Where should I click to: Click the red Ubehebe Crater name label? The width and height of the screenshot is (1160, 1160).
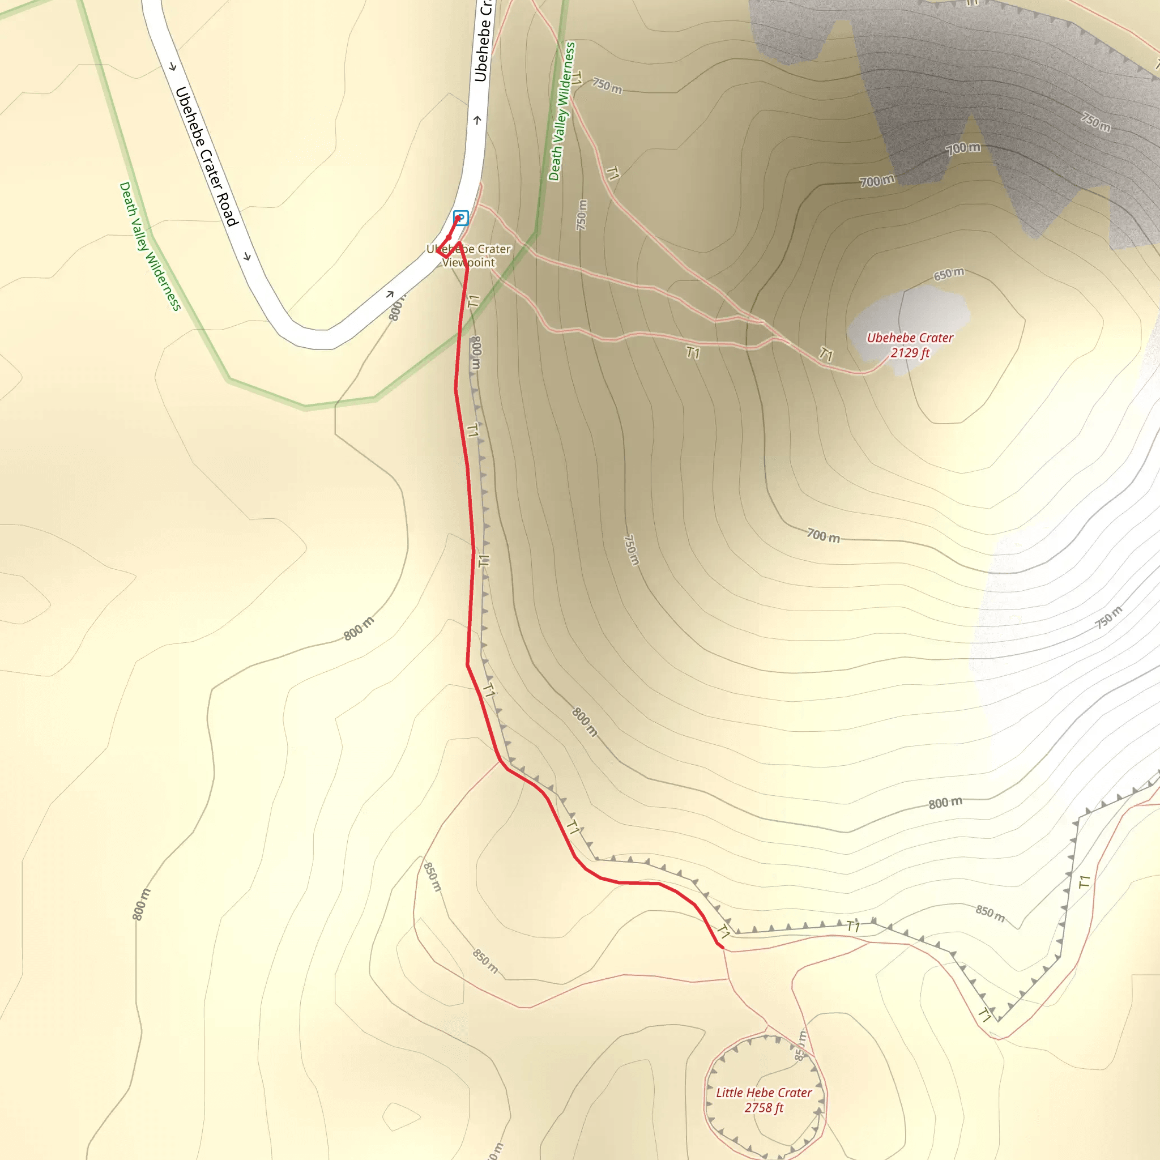pyautogui.click(x=910, y=338)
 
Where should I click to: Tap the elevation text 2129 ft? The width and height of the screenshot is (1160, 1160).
pyautogui.click(x=910, y=353)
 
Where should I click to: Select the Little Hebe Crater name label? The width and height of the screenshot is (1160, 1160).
pyautogui.click(x=764, y=1093)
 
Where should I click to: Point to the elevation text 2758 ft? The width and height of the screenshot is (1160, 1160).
pyautogui.click(x=764, y=1108)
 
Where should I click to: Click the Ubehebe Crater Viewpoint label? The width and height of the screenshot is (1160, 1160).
pyautogui.click(x=469, y=256)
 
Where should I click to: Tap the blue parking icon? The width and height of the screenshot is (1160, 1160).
pyautogui.click(x=460, y=217)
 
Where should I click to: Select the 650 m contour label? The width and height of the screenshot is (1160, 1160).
pyautogui.click(x=949, y=274)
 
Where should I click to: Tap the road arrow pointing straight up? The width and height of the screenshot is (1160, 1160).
pyautogui.click(x=477, y=120)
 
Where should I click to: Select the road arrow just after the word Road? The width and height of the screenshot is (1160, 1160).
pyautogui.click(x=247, y=257)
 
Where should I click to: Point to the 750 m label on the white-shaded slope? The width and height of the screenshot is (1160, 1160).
pyautogui.click(x=1108, y=617)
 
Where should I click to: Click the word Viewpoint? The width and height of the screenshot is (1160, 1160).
pyautogui.click(x=469, y=262)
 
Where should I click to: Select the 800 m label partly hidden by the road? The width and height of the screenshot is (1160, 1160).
pyautogui.click(x=396, y=309)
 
